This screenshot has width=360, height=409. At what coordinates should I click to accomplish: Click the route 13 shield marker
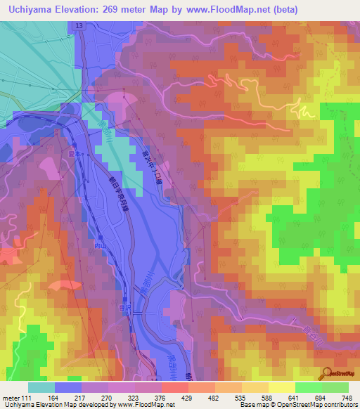(x=79, y=25)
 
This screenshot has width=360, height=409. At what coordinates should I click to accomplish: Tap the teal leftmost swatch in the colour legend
(x=41, y=387)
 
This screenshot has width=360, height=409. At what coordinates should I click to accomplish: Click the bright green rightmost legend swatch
(x=335, y=387)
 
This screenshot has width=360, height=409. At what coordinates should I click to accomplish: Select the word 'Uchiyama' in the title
(x=29, y=10)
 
